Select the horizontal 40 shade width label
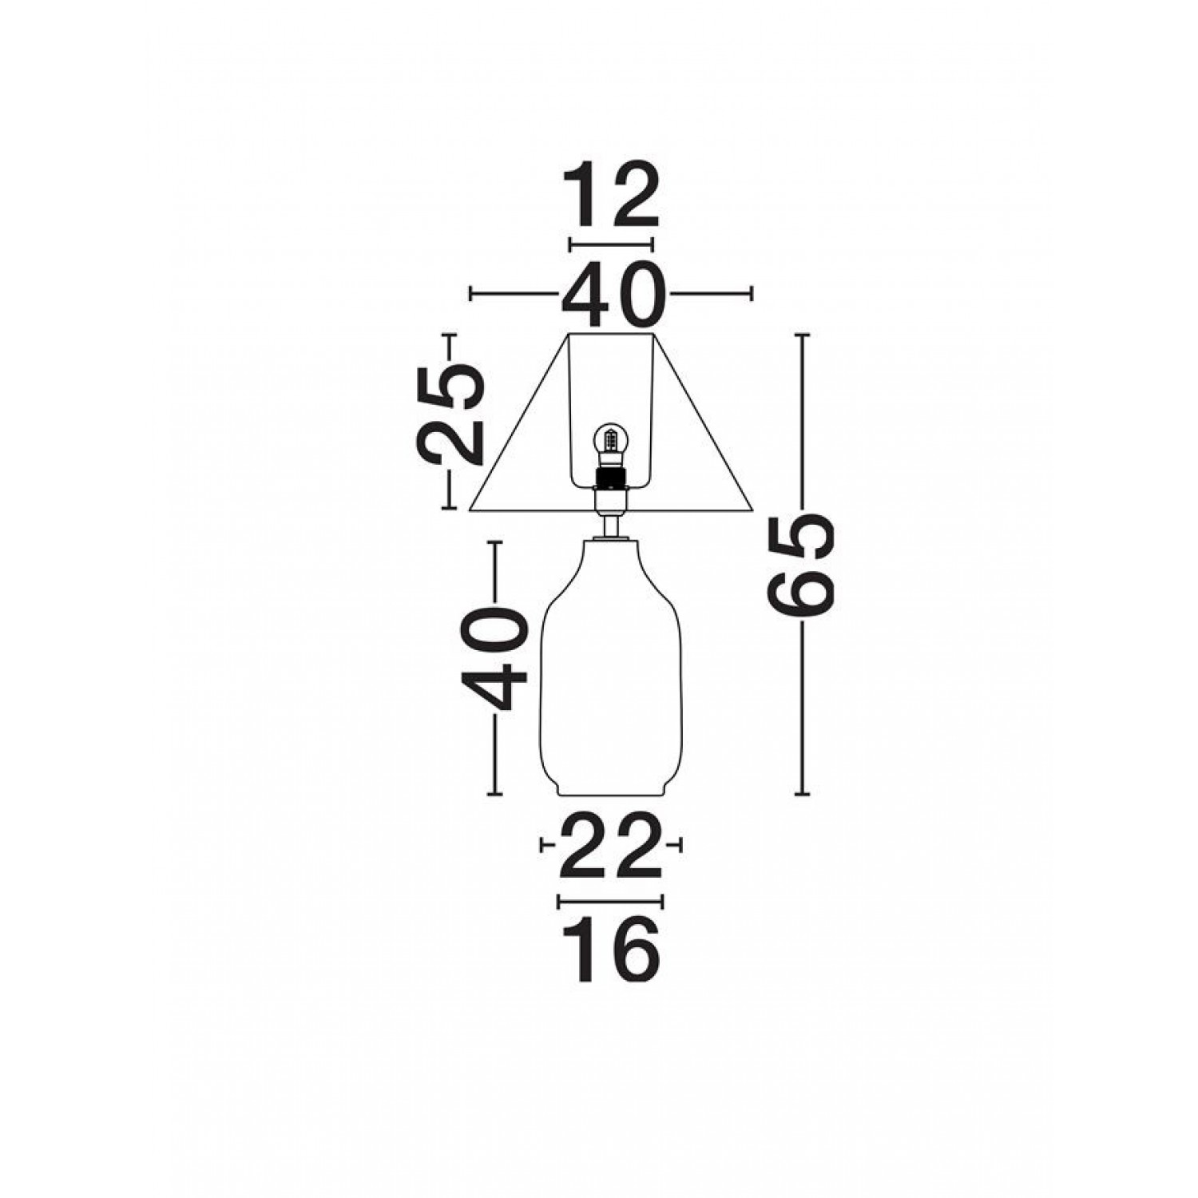pos(612,294)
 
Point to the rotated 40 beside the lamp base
pos(494,659)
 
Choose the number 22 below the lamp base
pos(612,844)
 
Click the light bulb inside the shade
pos(612,441)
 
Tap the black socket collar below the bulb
pos(612,479)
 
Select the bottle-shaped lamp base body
pos(612,671)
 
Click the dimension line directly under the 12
pos(611,244)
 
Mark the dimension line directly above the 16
pos(611,902)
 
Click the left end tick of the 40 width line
pos(471,294)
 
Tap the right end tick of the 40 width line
pos(751,294)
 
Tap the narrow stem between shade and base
pos(612,526)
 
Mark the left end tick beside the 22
pos(544,844)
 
